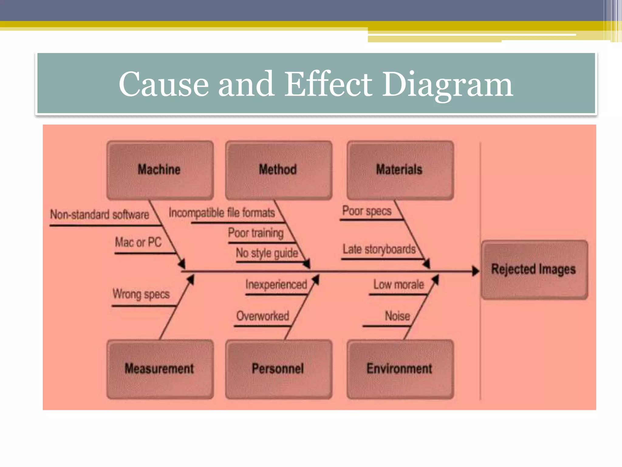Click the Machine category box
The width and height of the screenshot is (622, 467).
point(160,170)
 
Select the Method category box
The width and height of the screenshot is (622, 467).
point(278,170)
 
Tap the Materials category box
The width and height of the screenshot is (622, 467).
point(400,170)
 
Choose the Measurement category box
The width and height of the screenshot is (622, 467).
point(160,369)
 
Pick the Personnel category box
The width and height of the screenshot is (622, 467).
point(278,369)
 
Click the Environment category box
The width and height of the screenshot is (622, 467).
point(400,369)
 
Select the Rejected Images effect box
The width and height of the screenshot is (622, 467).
point(534,269)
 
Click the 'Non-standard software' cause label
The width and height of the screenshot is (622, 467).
point(100,215)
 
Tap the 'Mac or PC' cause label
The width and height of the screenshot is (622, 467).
point(138,242)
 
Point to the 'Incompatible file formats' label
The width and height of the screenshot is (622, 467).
point(222,213)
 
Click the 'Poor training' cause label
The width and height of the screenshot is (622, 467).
point(256,233)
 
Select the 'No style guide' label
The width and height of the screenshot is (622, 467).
point(267,253)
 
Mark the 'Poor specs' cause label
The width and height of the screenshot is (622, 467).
point(367,211)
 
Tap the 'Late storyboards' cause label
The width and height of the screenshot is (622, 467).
point(379,249)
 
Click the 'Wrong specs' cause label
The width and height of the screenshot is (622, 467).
point(141,294)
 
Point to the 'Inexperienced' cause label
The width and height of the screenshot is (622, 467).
point(276,285)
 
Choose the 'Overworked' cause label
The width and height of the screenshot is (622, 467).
point(263,316)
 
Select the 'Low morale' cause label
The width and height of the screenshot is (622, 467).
point(398,285)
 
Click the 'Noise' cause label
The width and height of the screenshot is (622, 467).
point(397,316)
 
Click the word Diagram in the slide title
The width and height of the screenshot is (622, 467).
point(447,84)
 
